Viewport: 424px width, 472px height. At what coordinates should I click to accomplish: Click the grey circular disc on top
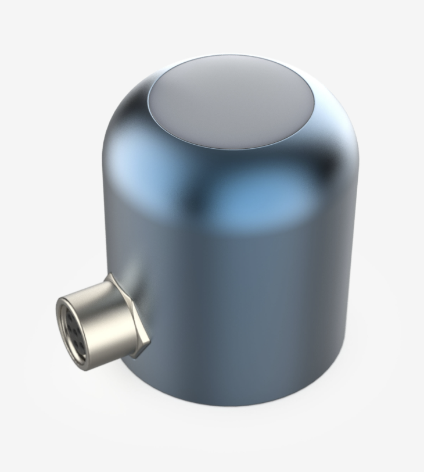(x=231, y=102)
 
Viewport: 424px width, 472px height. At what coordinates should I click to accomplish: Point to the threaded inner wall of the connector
(x=65, y=326)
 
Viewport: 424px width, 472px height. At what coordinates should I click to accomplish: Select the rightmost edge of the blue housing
(x=358, y=233)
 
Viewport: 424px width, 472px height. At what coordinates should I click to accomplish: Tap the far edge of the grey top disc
(x=232, y=57)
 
